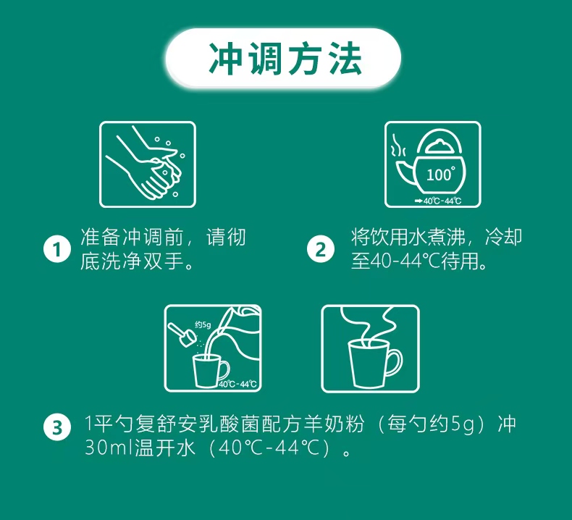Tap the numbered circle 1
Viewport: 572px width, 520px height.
[56, 250]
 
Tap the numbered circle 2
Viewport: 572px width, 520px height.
[321, 250]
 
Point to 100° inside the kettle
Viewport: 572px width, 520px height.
[439, 175]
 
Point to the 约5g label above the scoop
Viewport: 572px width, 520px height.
[202, 324]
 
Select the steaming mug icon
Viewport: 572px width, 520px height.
[370, 348]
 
